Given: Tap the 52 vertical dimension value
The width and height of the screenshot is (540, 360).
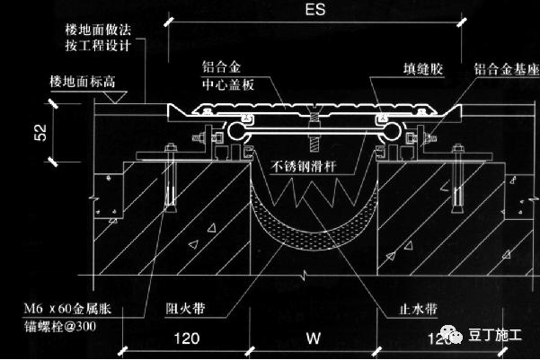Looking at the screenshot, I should pyautogui.click(x=40, y=133).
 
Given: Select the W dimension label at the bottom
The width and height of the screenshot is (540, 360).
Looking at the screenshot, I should pyautogui.click(x=311, y=340).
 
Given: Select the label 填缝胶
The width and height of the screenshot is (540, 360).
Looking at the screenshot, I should pyautogui.click(x=422, y=67).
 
